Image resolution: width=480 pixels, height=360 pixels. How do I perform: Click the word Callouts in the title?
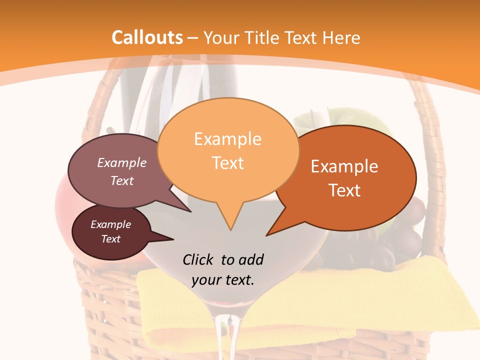click(147, 37)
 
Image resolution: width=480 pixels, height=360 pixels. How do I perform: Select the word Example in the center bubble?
click(227, 139)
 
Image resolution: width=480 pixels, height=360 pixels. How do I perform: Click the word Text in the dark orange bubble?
click(344, 190)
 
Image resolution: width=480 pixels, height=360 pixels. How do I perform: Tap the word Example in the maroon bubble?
click(110, 224)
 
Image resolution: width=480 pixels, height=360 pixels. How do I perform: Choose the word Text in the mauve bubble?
click(122, 180)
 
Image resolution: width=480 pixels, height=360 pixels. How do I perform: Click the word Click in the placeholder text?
click(198, 259)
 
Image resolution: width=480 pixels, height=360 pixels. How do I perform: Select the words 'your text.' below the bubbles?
click(222, 279)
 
